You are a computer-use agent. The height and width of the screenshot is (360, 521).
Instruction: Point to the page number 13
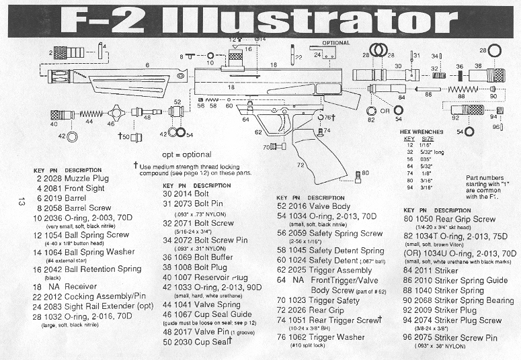coord(22,201)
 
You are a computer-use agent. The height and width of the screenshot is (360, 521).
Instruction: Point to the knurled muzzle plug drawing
coord(65,52)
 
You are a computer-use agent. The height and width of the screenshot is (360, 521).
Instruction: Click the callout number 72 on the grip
coord(300,164)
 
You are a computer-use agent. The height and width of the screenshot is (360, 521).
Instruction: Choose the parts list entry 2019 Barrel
coord(66,199)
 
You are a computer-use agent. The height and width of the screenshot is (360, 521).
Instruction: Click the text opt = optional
coord(182,154)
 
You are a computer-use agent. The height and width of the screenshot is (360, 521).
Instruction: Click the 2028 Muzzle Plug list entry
coord(72,179)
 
